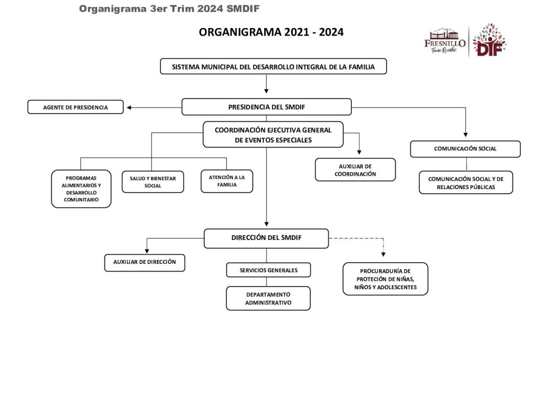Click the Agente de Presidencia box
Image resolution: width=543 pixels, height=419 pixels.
coord(75,108)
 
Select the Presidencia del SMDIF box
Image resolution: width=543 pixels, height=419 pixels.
coord(266,107)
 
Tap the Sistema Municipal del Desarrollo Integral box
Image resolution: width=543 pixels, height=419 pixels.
coord(273,67)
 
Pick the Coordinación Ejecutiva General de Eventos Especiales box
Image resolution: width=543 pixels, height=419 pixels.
coord(273,135)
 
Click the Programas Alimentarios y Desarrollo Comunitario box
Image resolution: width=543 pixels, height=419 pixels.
coord(81,189)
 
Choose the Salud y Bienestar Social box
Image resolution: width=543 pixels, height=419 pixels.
coord(153,182)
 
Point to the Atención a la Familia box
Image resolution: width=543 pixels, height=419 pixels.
coord(226,181)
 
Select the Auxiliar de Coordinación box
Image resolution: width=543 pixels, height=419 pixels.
coord(355,170)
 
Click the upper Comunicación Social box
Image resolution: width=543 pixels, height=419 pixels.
coord(465,149)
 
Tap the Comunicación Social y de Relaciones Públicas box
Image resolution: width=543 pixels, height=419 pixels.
coord(466,183)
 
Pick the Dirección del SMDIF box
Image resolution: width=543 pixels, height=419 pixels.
coord(266,238)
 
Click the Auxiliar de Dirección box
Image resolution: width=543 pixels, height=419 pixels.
coord(144,262)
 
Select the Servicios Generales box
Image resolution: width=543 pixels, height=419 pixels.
coord(268,270)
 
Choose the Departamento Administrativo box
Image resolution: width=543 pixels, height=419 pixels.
coord(268,298)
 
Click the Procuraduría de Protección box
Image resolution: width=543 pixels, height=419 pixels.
coord(385,279)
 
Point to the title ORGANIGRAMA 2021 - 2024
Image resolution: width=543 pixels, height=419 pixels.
coord(271,32)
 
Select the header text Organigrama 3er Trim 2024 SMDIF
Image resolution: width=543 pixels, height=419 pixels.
coord(169,8)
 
